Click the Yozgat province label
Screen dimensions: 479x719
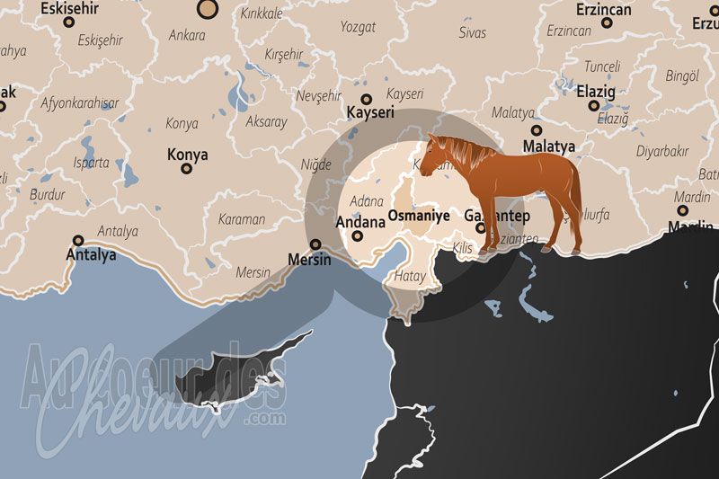coord(358,27)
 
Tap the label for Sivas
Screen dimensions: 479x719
coord(472,32)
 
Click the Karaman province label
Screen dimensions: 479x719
coord(242,218)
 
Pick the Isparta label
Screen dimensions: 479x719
coord(91,163)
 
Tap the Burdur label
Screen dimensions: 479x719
coord(48,194)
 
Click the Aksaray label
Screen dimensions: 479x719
coord(266,121)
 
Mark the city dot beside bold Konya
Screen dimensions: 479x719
coord(187,169)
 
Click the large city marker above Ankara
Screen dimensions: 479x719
coord(209,10)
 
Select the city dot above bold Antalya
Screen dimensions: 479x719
coord(79,241)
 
